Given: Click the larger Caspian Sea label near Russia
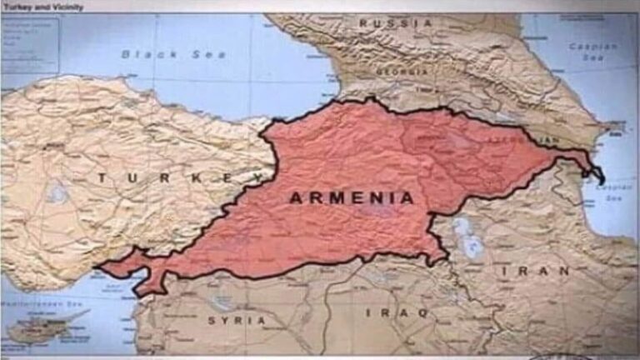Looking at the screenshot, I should coord(592,52).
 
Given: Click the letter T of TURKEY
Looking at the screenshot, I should coord(102,177).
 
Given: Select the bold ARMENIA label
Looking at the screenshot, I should coord(351,198).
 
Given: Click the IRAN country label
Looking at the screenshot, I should coord(536,272).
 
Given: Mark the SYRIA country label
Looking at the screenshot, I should coord(237,320).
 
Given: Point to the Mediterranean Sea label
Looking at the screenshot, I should coord(25,306).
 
